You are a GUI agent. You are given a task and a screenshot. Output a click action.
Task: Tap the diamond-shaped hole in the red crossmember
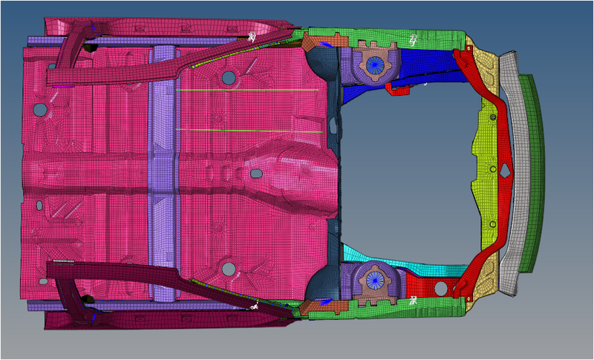pos(505,169)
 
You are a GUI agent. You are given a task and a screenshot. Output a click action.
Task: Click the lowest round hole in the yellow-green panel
pos(491,224)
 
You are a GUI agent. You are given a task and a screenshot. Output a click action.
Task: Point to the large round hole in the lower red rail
pos(440,287)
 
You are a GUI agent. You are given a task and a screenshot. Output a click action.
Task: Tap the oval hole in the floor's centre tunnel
pos(256,173)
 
